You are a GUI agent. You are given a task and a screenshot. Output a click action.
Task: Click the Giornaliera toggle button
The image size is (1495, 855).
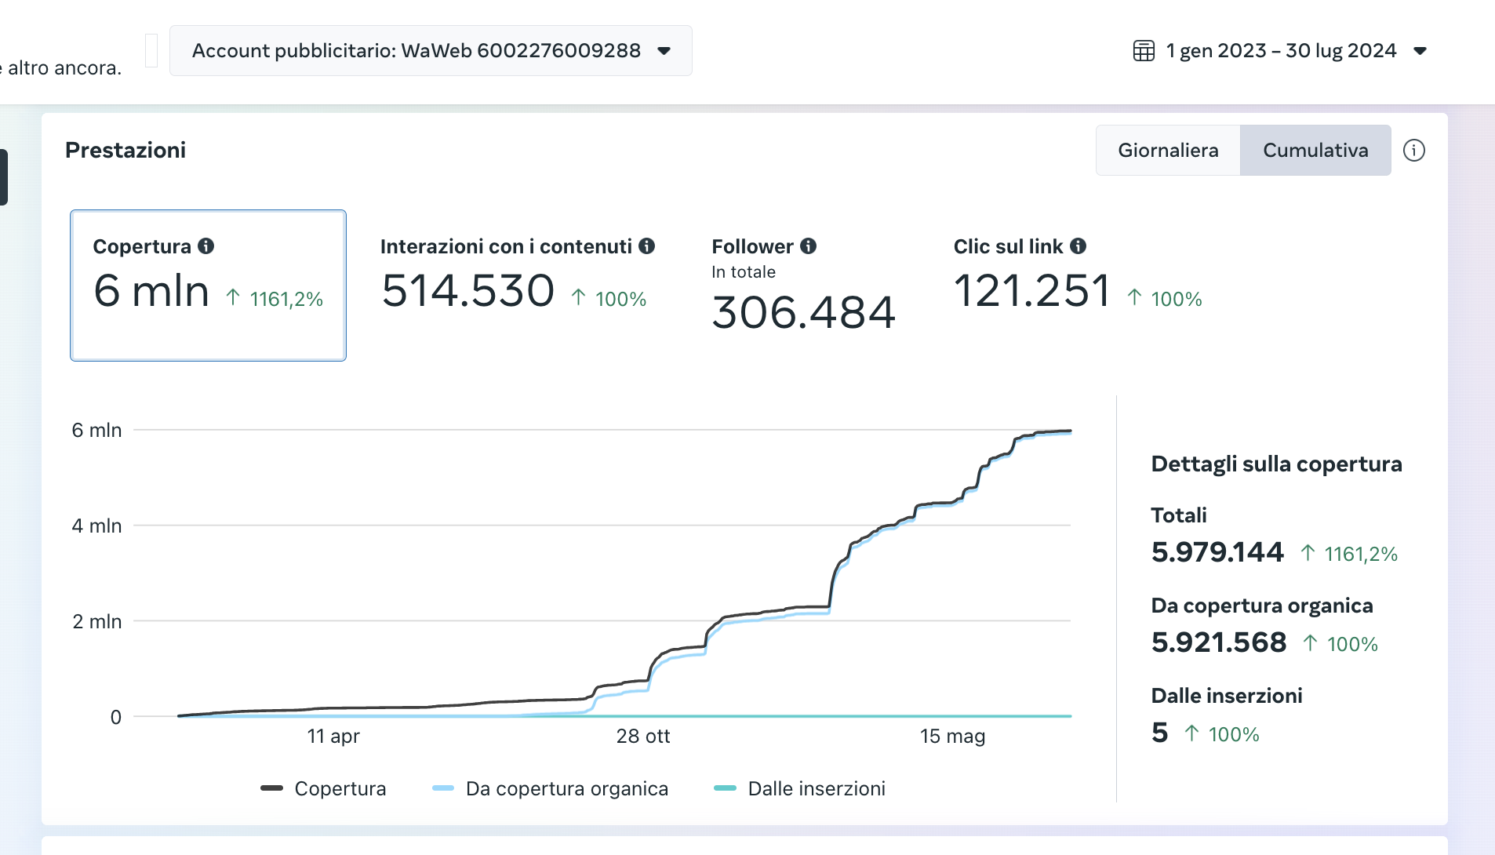pos(1167,150)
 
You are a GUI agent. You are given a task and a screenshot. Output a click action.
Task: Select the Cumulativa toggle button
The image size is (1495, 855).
pos(1315,150)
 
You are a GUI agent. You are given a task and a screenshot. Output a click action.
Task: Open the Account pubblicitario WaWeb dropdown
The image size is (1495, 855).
pos(431,51)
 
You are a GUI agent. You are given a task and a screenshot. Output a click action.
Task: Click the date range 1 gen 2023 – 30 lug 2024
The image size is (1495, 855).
pos(1281,51)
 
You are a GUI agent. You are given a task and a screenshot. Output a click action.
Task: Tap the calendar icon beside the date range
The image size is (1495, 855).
pos(1144,51)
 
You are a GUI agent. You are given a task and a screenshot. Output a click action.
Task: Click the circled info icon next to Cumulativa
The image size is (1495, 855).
pos(1413,150)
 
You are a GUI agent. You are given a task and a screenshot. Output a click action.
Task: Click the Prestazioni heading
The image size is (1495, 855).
pos(125,150)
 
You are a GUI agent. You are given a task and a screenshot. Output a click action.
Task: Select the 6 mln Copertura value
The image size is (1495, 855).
pos(151,291)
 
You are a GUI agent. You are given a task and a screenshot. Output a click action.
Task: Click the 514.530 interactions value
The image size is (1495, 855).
pos(468,291)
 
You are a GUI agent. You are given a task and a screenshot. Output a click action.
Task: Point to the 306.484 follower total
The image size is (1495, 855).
pos(803,312)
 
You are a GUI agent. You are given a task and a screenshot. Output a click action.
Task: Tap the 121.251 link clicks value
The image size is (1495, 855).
pos(1032,291)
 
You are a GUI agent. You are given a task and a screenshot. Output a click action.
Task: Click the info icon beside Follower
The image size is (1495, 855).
pos(808,246)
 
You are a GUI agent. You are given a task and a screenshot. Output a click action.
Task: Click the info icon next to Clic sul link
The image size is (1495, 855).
pos(1078,246)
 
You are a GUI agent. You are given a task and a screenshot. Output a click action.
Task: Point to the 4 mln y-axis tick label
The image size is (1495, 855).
pos(96,526)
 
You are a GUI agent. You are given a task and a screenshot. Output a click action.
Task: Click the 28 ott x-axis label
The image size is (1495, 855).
pos(642,736)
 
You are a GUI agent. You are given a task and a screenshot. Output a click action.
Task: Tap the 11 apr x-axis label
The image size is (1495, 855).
pos(333,736)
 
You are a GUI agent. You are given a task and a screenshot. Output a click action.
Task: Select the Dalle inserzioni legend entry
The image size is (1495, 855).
pos(816,788)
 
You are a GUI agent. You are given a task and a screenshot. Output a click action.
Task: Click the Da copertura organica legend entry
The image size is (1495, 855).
pos(566,788)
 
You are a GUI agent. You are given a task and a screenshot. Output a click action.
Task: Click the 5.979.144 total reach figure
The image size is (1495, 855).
pos(1217,552)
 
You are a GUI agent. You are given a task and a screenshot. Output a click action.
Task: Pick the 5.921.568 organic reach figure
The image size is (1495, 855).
pos(1218,642)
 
